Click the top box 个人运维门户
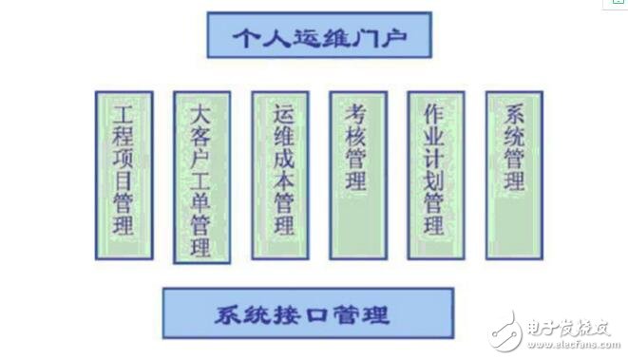pos(318,37)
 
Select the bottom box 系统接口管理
pos(308,313)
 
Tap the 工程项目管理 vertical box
pos(123,175)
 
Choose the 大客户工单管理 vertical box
pos(200,177)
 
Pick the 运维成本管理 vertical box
pos(279,174)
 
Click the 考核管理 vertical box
pos(357,174)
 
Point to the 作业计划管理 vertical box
pos(435,174)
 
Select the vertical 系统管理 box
pos(513,174)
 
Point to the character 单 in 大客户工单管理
pos(200,203)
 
